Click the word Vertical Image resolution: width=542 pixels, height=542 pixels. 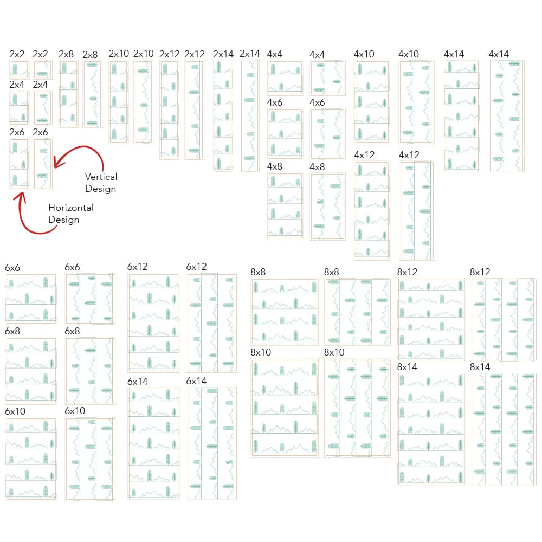[101, 177]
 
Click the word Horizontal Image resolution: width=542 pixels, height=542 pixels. [71, 208]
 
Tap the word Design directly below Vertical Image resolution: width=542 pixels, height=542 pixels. [100, 189]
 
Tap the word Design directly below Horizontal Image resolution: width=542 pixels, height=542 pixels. [63, 220]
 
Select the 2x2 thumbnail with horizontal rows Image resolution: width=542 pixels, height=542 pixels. [19, 69]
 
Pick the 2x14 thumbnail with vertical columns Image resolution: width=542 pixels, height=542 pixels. [249, 116]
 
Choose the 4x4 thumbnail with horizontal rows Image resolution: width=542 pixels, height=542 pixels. [285, 78]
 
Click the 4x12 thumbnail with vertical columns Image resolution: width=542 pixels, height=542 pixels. [416, 210]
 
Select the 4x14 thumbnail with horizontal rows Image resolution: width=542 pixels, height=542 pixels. [462, 116]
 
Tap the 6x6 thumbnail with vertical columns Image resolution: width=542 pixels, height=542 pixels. [91, 299]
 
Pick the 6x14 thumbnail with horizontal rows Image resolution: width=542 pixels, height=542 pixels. [153, 443]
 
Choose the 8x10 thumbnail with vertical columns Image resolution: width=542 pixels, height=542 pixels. [358, 408]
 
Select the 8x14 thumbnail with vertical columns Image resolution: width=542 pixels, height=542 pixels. [504, 429]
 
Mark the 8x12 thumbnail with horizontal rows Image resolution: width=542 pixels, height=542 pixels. [431, 319]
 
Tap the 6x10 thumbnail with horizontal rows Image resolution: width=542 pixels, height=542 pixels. [31, 459]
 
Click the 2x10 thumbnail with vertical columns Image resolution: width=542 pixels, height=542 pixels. [143, 102]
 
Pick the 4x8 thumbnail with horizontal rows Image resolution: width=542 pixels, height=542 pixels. [285, 207]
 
